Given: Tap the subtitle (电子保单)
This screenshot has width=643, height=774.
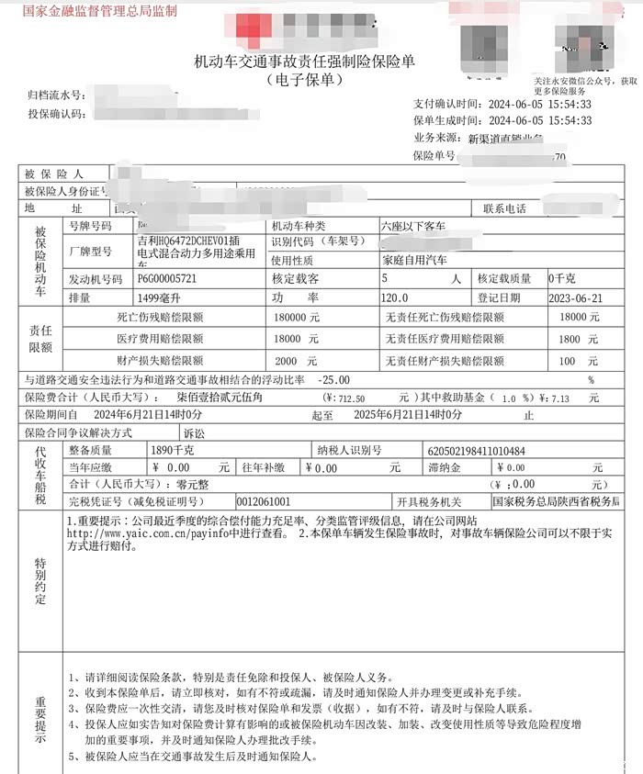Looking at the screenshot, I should click(x=304, y=81).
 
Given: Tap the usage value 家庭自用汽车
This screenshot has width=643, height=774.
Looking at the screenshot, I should click(x=414, y=260).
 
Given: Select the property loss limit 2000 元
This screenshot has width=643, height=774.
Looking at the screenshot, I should click(x=296, y=361).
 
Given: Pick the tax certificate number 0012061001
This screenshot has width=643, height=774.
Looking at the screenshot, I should click(x=264, y=502).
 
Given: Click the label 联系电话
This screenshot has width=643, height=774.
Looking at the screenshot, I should click(x=504, y=208).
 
